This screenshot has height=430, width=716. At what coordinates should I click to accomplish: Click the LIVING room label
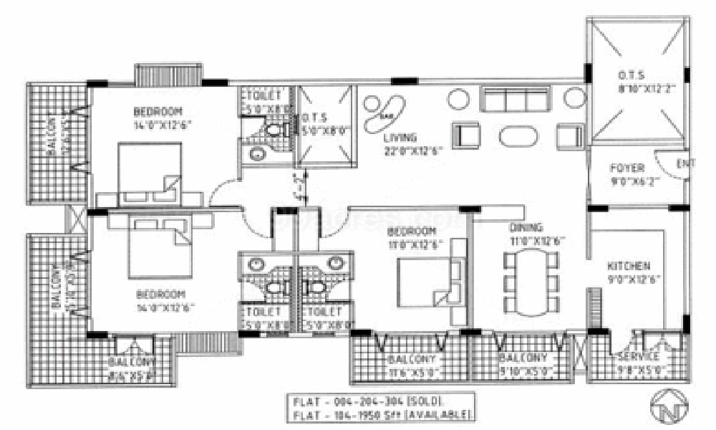(x=400, y=138)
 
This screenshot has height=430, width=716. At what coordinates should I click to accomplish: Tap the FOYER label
(x=627, y=168)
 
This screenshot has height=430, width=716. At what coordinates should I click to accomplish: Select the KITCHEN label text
(x=629, y=265)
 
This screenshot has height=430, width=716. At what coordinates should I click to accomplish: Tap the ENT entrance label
(x=685, y=164)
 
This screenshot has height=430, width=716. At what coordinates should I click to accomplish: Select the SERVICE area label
(x=638, y=356)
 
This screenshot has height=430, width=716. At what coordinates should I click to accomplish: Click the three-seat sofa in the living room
(x=516, y=99)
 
